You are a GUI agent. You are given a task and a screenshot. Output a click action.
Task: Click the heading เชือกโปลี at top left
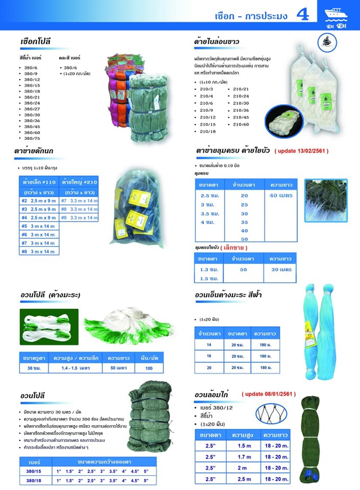(x=35, y=41)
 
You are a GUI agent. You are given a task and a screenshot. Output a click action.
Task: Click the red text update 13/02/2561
(x=301, y=151)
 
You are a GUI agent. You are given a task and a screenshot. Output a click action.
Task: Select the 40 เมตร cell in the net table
(x=281, y=194)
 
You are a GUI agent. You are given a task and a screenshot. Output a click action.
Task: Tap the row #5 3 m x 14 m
(x=39, y=226)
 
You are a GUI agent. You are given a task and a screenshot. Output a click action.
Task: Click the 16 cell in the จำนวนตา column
(x=209, y=356)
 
